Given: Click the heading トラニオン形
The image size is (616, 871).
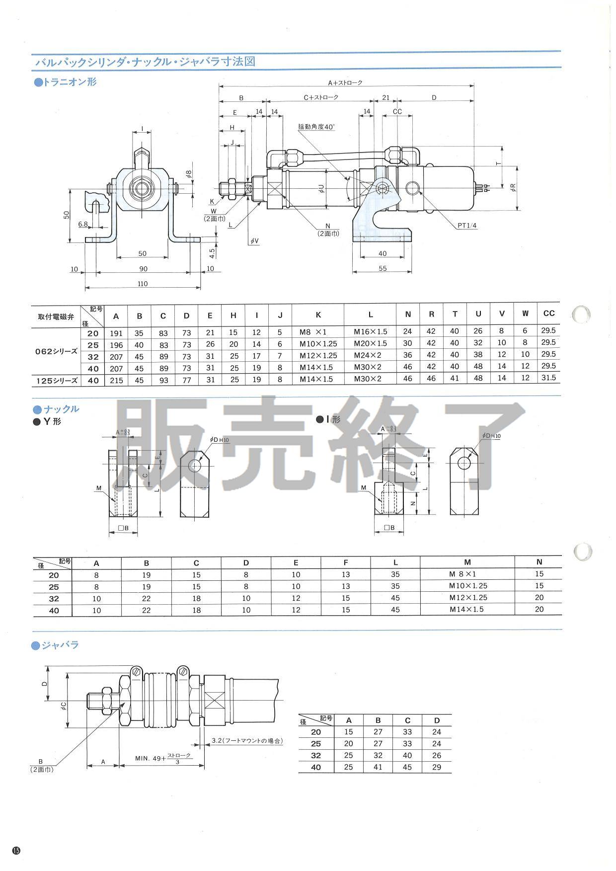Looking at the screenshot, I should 65,82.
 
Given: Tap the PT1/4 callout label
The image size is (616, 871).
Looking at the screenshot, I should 467,226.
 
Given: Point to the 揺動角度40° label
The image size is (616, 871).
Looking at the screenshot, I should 316,127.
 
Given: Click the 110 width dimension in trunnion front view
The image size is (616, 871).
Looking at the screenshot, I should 143,284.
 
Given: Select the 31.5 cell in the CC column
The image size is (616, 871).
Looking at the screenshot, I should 548,378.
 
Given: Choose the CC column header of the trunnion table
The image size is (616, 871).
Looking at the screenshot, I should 548,314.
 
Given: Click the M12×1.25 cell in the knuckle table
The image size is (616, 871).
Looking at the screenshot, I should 467,598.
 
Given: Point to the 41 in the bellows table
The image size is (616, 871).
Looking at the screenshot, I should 378,767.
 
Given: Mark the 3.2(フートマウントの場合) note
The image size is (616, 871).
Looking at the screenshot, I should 247,740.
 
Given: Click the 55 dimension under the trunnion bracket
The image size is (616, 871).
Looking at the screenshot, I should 382,269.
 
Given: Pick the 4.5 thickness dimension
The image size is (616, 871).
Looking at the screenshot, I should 212,252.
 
